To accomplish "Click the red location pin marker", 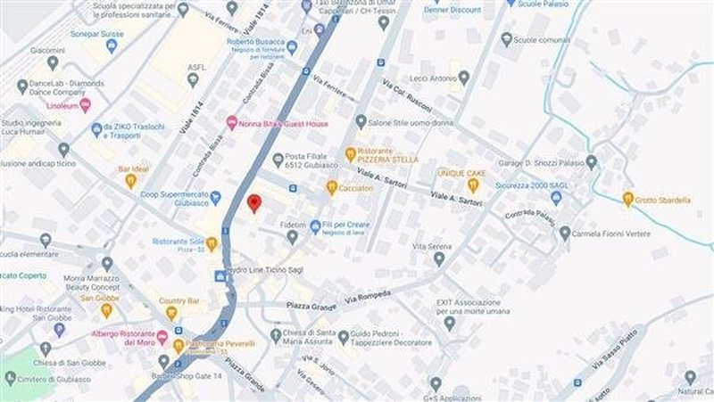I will point(253,202).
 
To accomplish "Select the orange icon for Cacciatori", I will point(332,187).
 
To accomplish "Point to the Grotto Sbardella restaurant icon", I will point(628,200).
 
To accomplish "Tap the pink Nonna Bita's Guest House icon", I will point(232,124).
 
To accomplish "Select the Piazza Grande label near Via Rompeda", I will point(311,307).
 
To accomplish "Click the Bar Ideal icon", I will point(130,181).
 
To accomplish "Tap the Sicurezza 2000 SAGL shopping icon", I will point(556,198).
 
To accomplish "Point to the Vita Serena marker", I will point(438,258).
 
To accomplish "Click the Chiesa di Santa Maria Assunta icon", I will point(276,335).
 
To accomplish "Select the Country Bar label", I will point(179,301).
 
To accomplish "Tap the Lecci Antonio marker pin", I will point(462,78).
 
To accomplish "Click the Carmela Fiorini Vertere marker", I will point(565,233).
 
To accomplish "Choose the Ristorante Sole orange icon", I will point(212,243).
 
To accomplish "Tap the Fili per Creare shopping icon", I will point(315,226).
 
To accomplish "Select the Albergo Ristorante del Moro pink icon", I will point(162,337).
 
